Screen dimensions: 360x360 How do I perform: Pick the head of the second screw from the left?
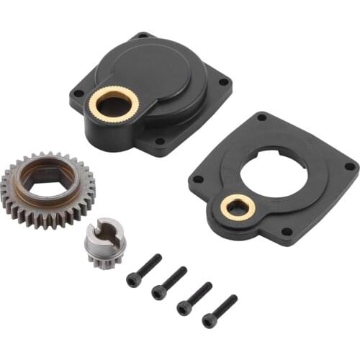pyautogui.click(x=158, y=291)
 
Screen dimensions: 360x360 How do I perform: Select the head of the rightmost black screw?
pyautogui.click(x=210, y=320)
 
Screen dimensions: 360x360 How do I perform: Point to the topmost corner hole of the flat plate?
pyautogui.click(x=261, y=117)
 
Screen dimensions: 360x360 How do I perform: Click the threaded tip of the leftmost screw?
pyautogui.click(x=158, y=258)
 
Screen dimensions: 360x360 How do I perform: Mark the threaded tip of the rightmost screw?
pyautogui.click(x=233, y=298)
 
